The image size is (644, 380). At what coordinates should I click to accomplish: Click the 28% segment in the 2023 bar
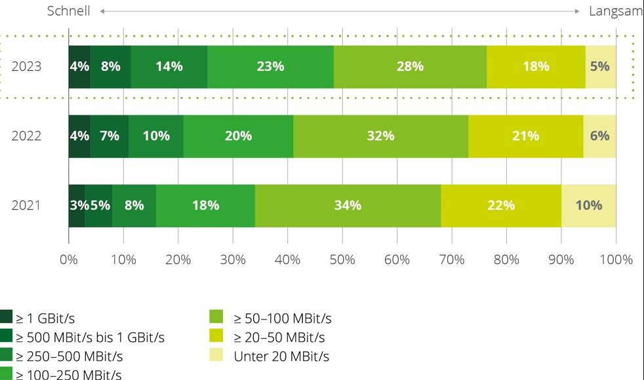pos(410,67)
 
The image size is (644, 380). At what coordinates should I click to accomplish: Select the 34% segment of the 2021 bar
pos(348,206)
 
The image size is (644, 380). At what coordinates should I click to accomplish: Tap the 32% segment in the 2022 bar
pos(381,136)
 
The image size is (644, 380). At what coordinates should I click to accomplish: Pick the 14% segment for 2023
pos(169,67)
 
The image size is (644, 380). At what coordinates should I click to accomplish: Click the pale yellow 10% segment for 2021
pos(588,206)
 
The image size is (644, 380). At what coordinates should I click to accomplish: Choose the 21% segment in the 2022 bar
pos(526,136)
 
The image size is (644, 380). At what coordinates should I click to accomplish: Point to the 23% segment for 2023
pos(270,67)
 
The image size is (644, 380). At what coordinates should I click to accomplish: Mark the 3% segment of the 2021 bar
pos(77,206)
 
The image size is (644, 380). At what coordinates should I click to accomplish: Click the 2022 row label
pos(26,136)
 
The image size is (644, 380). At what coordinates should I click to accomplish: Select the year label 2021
pos(26,205)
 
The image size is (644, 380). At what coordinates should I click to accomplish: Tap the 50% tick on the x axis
pos(342,259)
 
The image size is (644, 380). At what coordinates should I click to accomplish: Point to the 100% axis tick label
pos(616,259)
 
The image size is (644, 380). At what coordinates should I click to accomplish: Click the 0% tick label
pos(69,259)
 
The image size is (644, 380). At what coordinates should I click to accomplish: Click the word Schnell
pos(69,11)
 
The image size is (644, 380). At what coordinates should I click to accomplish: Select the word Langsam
pos(616,11)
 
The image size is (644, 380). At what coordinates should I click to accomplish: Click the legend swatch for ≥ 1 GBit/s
pos(6,316)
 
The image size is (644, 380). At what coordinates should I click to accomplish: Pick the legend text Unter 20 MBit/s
pos(281,356)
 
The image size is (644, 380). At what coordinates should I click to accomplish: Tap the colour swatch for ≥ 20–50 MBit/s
pos(216,335)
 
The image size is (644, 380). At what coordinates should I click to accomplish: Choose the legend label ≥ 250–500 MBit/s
pos(69,356)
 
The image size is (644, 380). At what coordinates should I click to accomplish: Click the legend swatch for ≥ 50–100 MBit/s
pos(216,316)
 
